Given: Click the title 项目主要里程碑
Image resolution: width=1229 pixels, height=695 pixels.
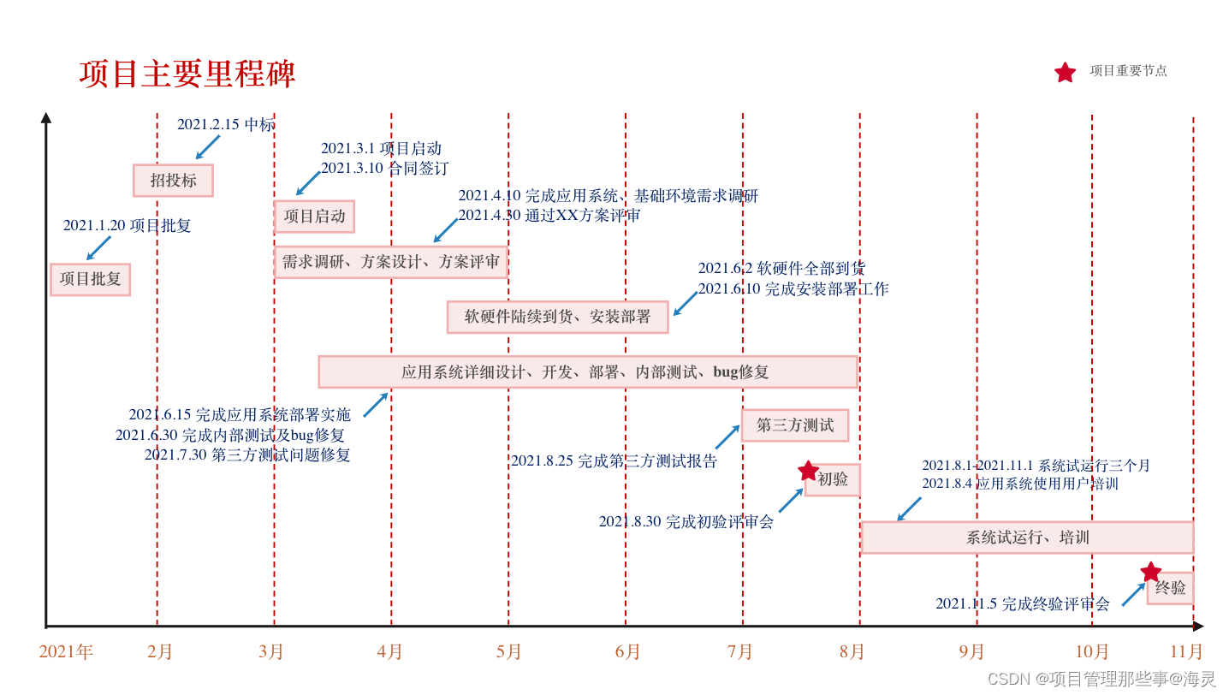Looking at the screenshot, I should point(187,74).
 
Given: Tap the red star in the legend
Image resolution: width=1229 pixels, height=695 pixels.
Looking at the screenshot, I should point(1065,73).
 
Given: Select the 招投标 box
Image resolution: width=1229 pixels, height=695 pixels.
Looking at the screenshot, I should point(173,181).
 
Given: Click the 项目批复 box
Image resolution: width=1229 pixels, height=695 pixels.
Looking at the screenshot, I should point(90,279).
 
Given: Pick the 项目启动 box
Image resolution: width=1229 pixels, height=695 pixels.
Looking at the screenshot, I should point(314,217).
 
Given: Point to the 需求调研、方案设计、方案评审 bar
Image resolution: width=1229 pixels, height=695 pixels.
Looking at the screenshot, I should point(390,262).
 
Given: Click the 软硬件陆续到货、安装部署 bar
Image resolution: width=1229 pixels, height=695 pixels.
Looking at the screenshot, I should point(557,317).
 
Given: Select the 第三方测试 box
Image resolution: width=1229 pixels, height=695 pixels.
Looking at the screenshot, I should point(794,425).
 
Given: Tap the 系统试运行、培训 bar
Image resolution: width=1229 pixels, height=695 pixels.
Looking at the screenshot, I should point(1027,538).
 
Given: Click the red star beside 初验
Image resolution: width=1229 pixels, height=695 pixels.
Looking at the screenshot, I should point(808,471).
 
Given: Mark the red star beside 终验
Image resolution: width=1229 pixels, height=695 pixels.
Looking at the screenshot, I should point(1151,572).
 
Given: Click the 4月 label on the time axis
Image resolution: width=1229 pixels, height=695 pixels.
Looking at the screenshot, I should point(389,652).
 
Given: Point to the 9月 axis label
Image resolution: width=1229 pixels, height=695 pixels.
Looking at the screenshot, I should point(971,652).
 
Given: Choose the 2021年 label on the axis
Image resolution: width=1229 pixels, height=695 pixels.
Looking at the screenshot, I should point(66,652).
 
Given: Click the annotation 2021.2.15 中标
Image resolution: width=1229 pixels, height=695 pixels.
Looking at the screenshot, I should point(226,125).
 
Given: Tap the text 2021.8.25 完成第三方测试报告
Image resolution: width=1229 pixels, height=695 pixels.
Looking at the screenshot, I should point(614,461).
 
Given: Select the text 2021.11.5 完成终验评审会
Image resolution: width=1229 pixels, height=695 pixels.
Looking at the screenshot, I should point(1022,604).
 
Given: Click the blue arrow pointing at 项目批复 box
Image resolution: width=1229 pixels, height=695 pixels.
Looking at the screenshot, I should point(98,248).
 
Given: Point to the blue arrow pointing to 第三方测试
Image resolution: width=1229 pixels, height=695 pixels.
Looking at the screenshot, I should point(727,437).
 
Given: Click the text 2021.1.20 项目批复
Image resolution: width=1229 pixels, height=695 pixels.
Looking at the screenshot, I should point(127,226).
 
